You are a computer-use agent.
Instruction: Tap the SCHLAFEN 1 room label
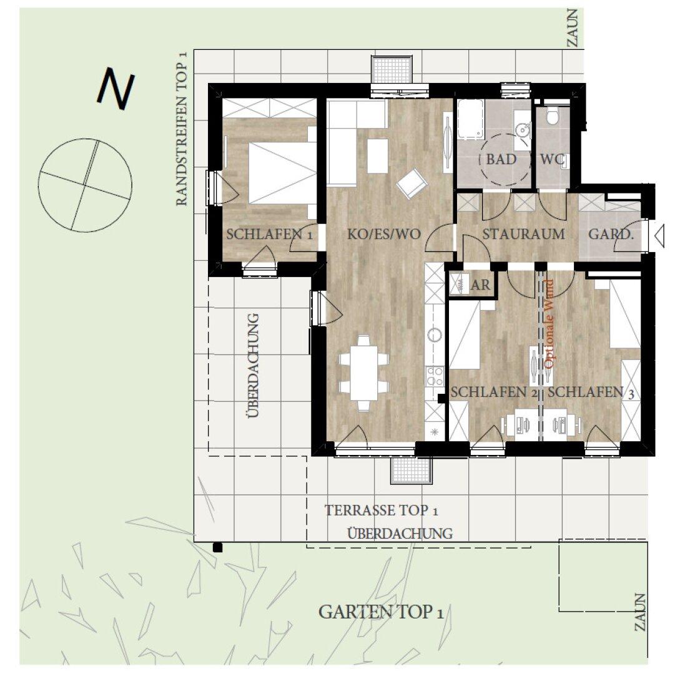269,234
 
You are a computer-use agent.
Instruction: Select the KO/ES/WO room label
384,234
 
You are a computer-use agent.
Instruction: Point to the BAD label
501,159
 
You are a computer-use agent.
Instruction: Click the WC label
552,159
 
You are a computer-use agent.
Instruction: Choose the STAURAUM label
524,234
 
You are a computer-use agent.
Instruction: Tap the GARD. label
611,234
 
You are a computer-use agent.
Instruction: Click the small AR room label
481,285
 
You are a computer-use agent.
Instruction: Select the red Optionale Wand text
549,324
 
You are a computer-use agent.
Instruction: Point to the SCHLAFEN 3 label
591,392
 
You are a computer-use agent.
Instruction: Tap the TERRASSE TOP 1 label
381,510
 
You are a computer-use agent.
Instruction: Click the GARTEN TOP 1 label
381,612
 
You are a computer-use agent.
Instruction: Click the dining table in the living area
365,373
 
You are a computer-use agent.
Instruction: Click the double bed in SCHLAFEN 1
282,173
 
